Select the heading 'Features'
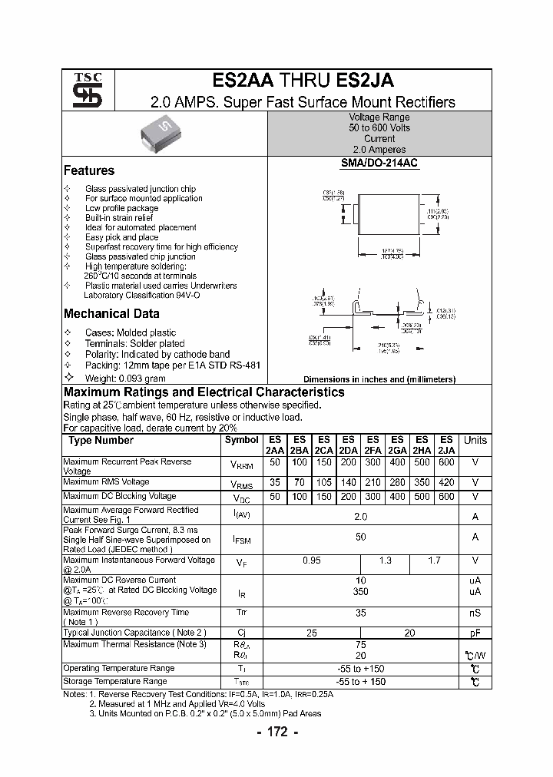89,170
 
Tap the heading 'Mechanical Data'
111,313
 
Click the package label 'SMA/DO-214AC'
379,164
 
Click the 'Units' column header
475,441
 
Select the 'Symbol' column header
242,441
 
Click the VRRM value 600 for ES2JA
446,463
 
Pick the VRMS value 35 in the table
274,482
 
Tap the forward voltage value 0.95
311,561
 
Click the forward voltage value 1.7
434,561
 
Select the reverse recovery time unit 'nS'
475,613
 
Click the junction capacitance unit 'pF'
475,633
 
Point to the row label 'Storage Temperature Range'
115,681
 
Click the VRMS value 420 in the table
446,482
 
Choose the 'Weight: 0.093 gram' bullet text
125,379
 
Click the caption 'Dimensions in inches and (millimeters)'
379,379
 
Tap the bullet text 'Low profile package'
122,208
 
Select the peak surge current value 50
361,537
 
